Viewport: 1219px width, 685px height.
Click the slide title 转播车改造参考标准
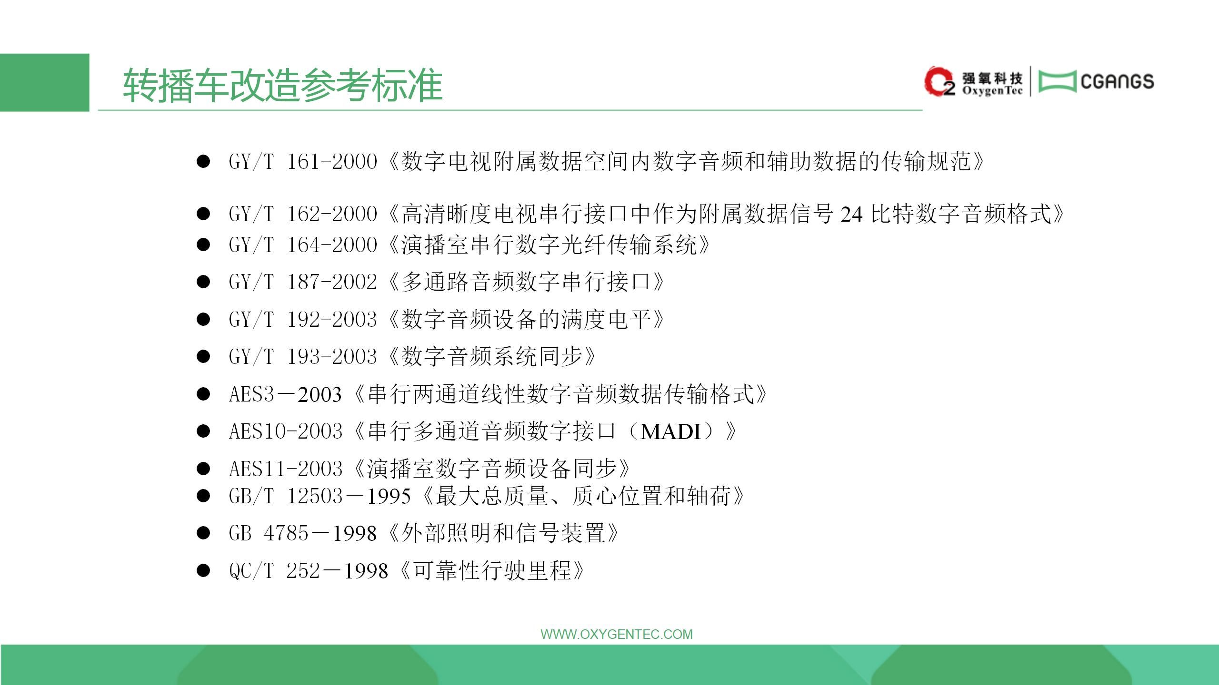[283, 85]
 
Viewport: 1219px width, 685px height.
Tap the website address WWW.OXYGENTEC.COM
[617, 634]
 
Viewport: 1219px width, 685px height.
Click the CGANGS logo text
[1117, 82]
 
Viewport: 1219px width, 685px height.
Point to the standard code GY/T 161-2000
[303, 162]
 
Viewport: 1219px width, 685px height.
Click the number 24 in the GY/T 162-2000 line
[851, 215]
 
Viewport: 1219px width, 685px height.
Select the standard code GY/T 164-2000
[303, 245]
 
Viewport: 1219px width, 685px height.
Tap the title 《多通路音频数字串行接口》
[526, 282]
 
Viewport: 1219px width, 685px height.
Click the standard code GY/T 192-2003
[303, 319]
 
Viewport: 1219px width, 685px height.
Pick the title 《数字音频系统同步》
[492, 356]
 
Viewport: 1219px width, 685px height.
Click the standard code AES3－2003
[285, 394]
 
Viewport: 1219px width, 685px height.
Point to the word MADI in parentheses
[671, 432]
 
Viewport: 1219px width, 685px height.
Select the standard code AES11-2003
[286, 469]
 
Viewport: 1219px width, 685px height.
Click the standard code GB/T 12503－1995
[320, 496]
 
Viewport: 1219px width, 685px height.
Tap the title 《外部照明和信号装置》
[503, 533]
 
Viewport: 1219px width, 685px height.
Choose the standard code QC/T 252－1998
[308, 570]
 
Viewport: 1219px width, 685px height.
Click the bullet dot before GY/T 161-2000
[203, 162]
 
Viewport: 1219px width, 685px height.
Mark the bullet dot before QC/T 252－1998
[203, 570]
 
